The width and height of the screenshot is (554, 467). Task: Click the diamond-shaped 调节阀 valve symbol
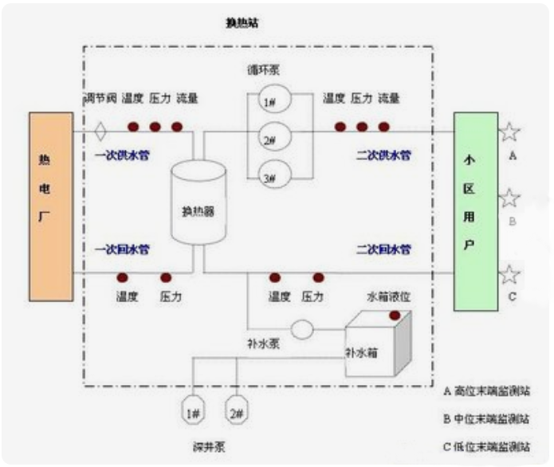[x=100, y=128]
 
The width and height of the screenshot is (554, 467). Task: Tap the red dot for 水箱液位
[x=394, y=316]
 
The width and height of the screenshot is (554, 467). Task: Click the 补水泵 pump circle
[x=302, y=328]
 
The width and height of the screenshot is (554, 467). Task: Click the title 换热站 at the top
[x=242, y=24]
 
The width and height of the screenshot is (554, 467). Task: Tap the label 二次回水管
[x=383, y=249]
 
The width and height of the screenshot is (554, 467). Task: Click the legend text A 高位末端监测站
[x=485, y=391]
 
